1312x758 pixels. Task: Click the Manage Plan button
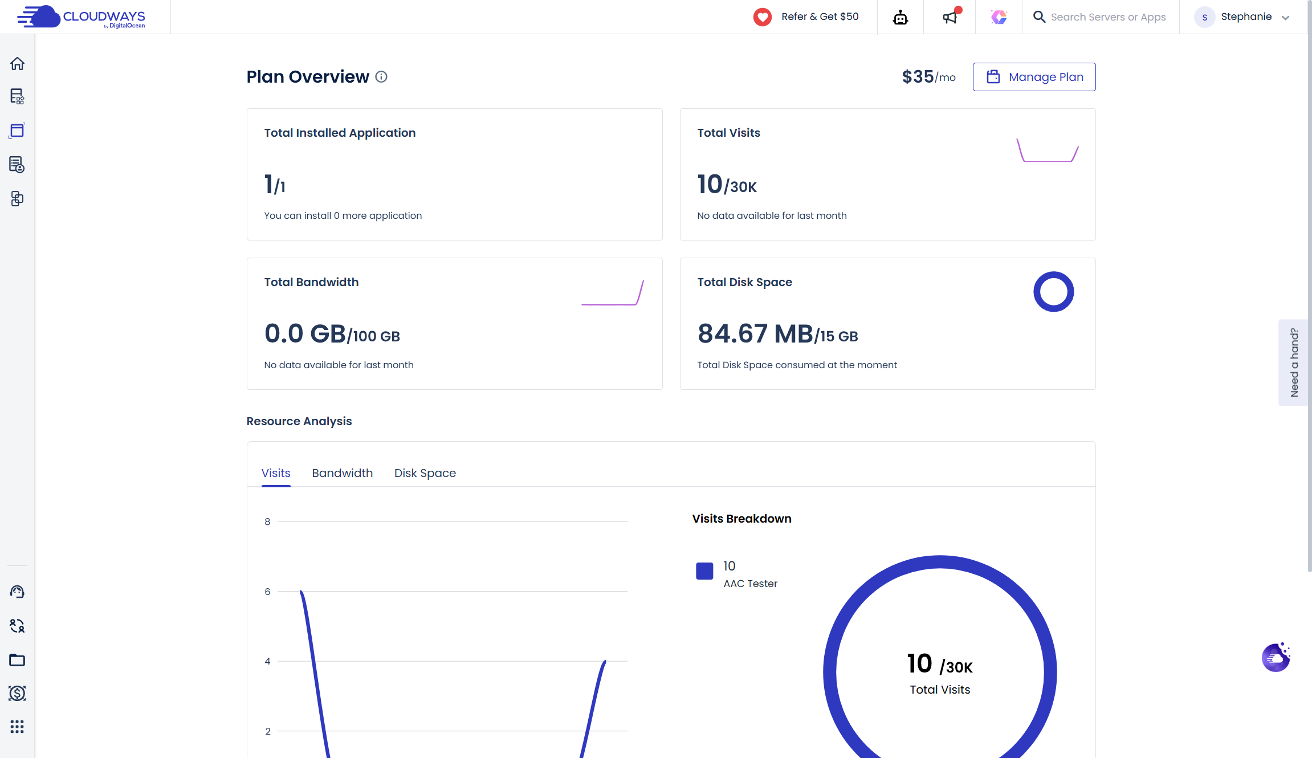coord(1034,77)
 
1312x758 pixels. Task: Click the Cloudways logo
coord(81,17)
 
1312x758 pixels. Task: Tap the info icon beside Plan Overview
coord(381,76)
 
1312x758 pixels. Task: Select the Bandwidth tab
coord(342,473)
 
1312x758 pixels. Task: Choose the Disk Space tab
coord(425,473)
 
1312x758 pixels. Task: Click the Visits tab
coord(276,473)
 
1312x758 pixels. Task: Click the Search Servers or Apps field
coord(1107,17)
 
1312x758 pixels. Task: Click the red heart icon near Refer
coord(762,17)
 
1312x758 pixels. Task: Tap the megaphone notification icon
coord(950,17)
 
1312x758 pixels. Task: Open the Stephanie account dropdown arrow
coord(1285,18)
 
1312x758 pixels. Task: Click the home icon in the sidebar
coord(17,63)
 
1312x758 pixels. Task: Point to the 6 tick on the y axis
coord(267,592)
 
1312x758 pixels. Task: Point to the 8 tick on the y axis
coord(267,521)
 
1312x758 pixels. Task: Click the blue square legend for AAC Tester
coord(704,571)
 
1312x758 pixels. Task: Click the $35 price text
coord(918,77)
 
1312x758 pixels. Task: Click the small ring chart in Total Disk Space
coord(1053,292)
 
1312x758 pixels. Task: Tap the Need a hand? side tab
coord(1294,362)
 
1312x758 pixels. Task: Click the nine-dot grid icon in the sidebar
coord(17,727)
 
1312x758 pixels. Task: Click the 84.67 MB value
coord(755,333)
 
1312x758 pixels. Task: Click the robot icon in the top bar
coord(901,17)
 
